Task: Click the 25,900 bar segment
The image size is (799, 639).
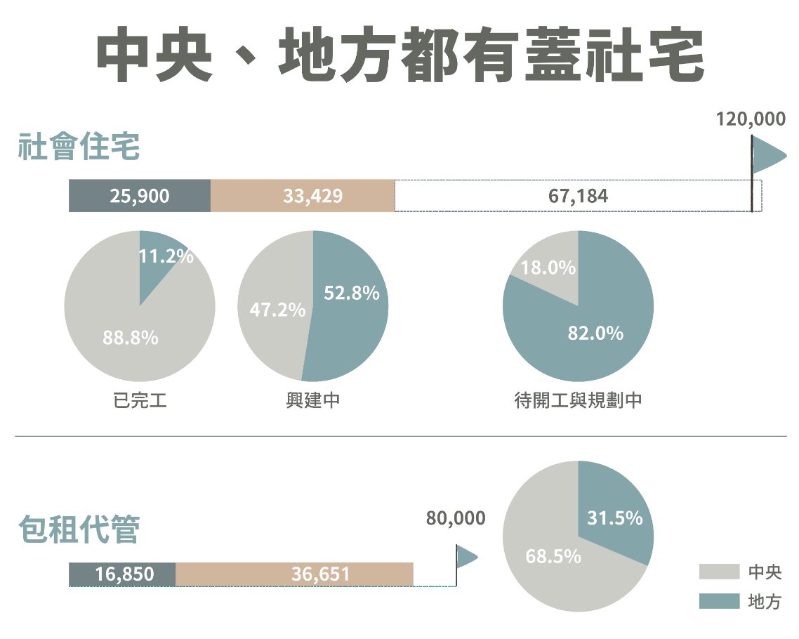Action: (x=140, y=196)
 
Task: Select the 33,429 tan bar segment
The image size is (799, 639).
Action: (x=303, y=196)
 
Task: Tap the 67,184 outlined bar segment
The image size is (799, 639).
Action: (x=577, y=196)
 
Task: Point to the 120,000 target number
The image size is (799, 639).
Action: (x=751, y=119)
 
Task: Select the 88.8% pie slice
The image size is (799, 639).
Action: (x=126, y=330)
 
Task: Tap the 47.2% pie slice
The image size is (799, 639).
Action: (x=274, y=309)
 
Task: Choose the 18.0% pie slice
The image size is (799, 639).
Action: (x=551, y=270)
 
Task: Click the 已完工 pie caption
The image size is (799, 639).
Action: (x=140, y=401)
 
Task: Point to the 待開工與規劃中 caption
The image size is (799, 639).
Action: (x=578, y=401)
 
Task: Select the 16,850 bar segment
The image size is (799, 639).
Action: (x=122, y=574)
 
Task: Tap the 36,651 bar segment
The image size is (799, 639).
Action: (x=294, y=574)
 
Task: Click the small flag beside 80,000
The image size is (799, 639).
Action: (x=466, y=558)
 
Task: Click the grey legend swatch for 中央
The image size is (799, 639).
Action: (x=719, y=572)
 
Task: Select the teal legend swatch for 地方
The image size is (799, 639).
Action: (x=719, y=602)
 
